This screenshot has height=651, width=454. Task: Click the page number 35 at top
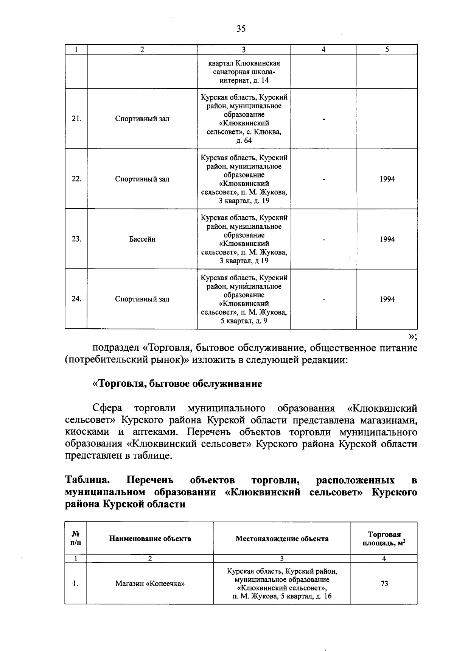(241, 28)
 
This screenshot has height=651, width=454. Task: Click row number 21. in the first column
(76, 119)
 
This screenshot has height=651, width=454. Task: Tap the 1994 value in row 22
(387, 179)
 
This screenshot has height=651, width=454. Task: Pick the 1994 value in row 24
(387, 299)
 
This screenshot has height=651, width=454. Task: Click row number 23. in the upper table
(76, 239)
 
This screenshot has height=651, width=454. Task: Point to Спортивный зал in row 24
(142, 299)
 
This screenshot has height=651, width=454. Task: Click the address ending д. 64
(244, 119)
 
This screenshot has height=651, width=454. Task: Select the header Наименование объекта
(150, 539)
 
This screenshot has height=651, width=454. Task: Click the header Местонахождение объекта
(282, 539)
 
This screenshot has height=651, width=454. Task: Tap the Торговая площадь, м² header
(384, 539)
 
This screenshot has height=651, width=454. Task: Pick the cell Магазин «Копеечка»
(150, 584)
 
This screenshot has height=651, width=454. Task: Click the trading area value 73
(384, 584)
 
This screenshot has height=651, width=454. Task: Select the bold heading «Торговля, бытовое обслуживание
(177, 384)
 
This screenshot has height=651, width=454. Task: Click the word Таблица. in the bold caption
(88, 480)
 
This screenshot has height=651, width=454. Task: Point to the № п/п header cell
(76, 539)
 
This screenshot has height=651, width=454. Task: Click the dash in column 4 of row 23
(324, 239)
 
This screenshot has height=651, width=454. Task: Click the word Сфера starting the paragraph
(107, 408)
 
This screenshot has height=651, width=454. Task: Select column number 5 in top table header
(387, 49)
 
